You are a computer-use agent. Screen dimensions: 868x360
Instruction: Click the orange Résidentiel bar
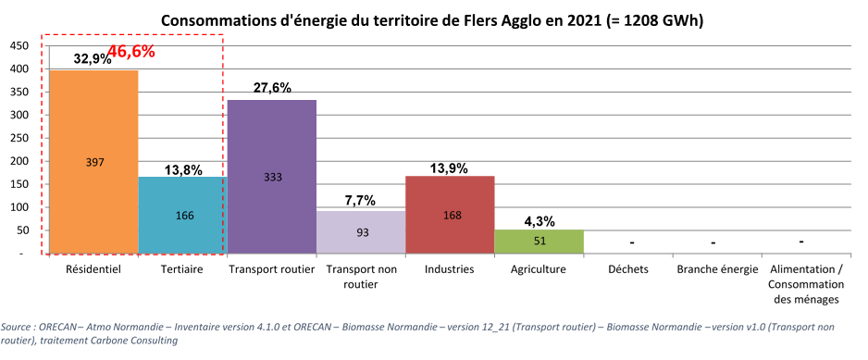93,162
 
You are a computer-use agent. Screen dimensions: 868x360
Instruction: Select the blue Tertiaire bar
182,216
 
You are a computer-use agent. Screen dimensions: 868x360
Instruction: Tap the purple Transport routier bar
272,178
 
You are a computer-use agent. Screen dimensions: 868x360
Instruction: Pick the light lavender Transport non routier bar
361,232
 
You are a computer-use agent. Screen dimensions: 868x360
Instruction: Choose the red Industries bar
450,215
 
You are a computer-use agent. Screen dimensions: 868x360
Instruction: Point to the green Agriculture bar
539,242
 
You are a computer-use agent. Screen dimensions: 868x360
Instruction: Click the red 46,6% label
130,52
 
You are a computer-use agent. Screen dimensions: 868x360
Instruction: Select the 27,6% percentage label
272,88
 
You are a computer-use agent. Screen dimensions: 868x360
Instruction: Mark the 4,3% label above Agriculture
539,220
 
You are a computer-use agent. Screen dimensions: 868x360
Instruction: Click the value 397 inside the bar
95,162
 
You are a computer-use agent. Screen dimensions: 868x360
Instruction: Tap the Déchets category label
628,270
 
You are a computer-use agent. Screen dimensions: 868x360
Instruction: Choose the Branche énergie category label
717,270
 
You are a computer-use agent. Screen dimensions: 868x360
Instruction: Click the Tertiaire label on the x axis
182,270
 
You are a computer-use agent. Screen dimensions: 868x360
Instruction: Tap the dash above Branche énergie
714,243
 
